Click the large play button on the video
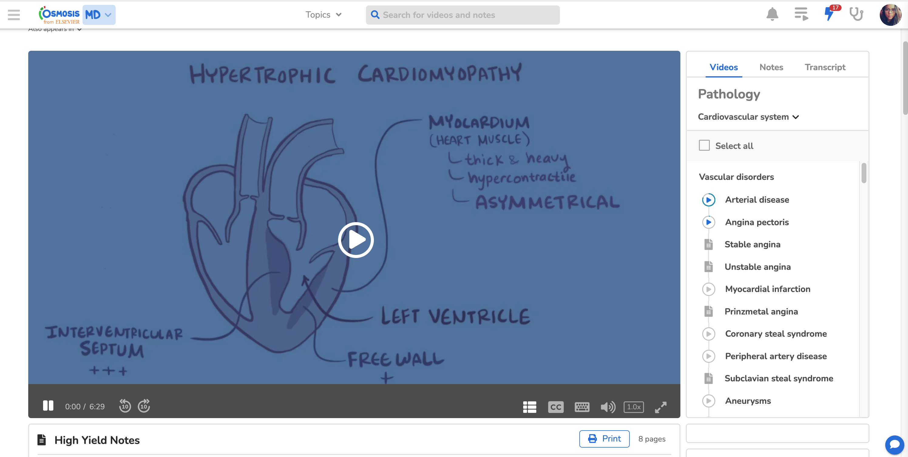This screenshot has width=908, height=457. [356, 240]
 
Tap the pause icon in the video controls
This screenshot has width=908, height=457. [48, 406]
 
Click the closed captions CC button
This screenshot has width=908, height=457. [556, 407]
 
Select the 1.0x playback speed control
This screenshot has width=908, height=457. [633, 407]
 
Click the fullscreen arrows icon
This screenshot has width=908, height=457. [661, 407]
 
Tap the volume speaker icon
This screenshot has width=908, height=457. [608, 407]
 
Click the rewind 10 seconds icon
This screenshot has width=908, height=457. [125, 406]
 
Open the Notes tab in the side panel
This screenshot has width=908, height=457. [771, 67]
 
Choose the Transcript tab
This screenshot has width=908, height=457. [825, 67]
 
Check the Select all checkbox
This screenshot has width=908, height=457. [704, 145]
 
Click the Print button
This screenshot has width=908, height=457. [604, 439]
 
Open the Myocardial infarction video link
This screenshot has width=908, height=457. [767, 289]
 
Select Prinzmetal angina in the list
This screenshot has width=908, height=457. [761, 311]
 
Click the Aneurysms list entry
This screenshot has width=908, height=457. [748, 401]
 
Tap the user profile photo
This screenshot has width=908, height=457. [890, 15]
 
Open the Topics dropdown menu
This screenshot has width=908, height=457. [323, 15]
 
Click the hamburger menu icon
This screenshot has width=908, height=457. [14, 15]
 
